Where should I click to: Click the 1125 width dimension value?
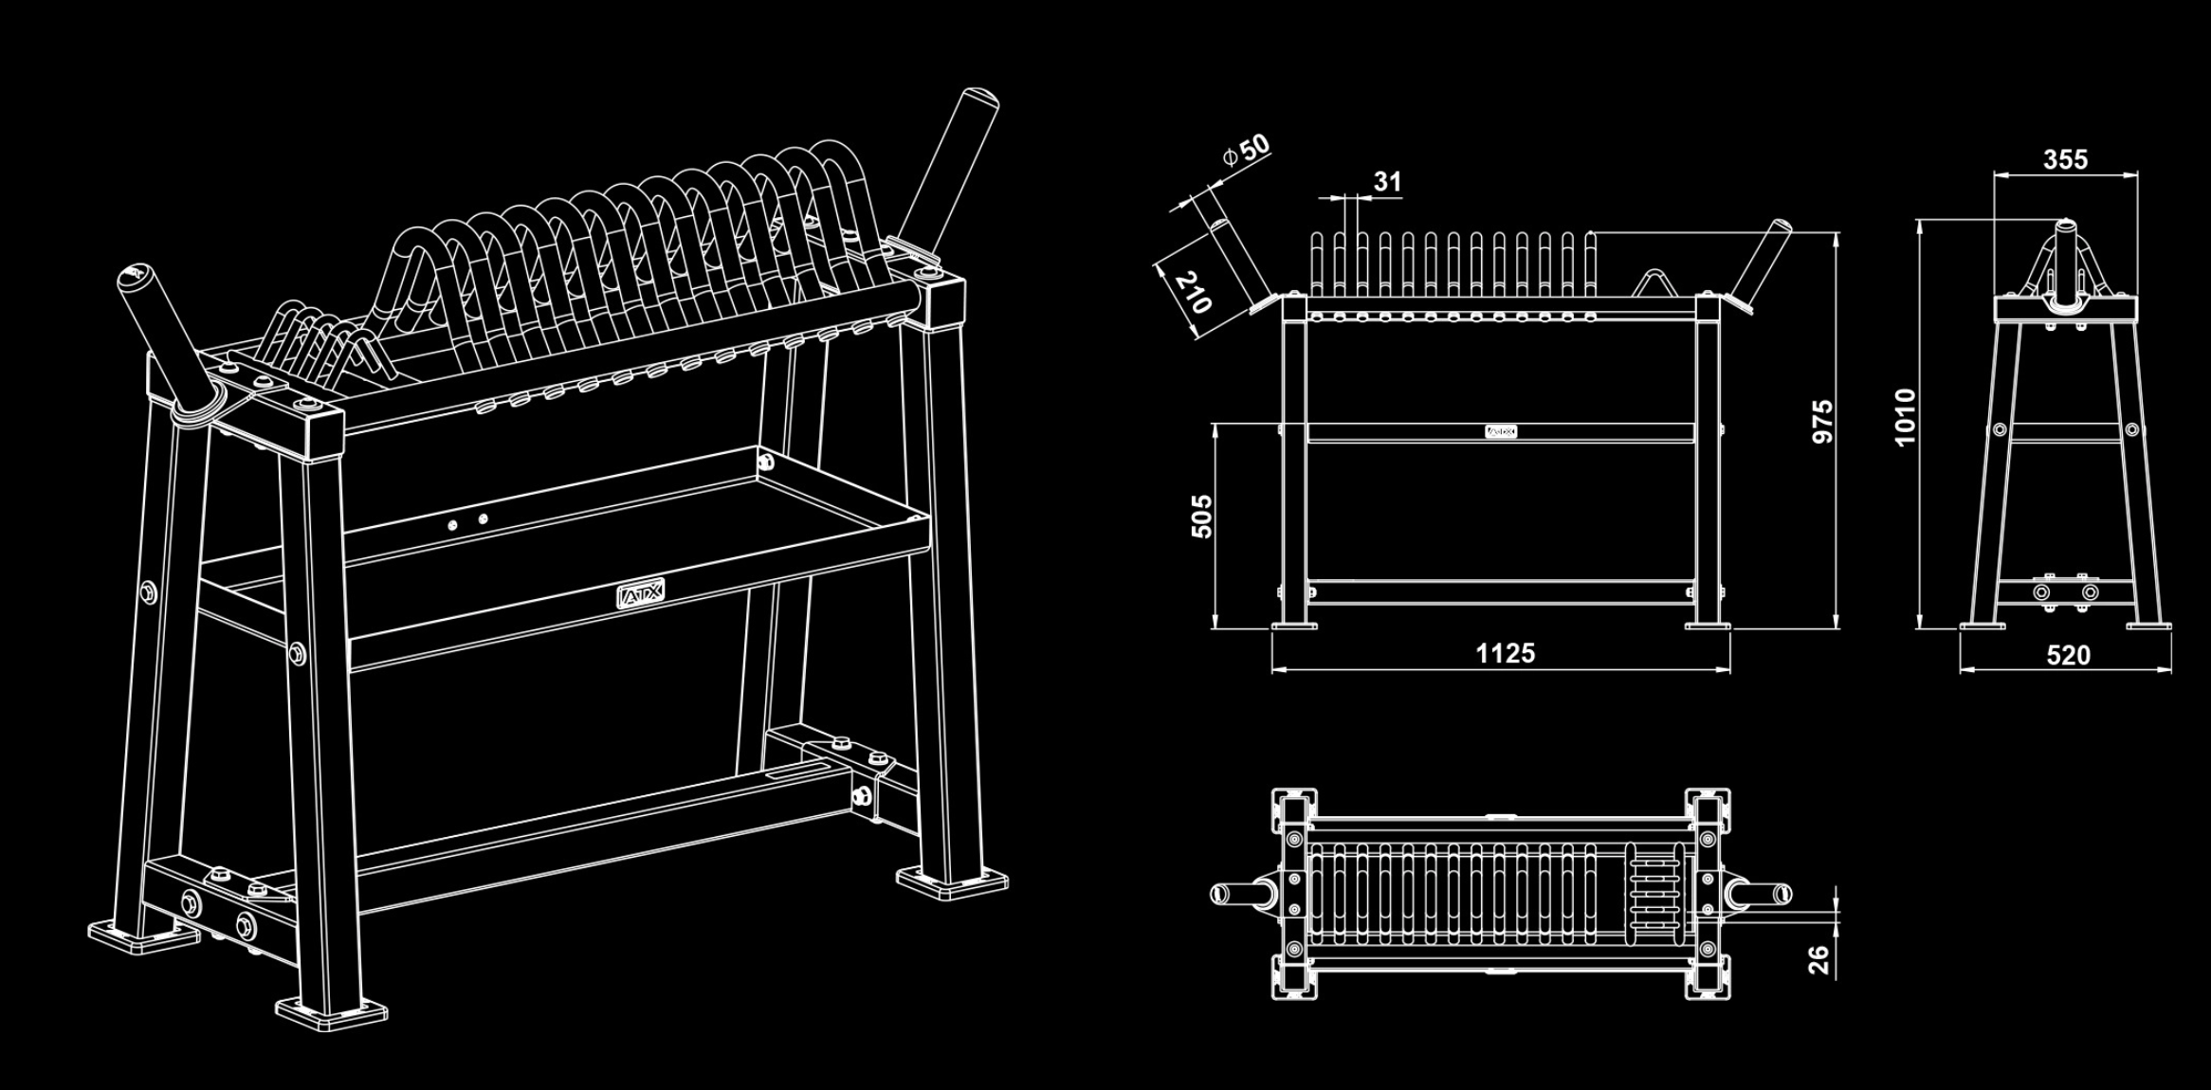click(x=1505, y=653)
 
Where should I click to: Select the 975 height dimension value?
click(x=1822, y=421)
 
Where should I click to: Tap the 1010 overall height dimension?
click(x=1905, y=416)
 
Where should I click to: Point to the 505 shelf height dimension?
click(x=1201, y=516)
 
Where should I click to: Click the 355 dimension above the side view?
click(x=2065, y=159)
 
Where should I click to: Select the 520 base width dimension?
click(x=2068, y=655)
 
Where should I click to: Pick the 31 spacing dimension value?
click(x=1387, y=181)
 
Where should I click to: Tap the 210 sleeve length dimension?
click(x=1193, y=293)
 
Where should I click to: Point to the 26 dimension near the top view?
click(x=1818, y=960)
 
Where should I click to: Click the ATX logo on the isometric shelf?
click(x=641, y=594)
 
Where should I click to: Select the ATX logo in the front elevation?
click(x=1501, y=432)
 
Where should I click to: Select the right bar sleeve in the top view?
click(x=1760, y=893)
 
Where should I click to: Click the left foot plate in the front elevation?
click(x=1294, y=625)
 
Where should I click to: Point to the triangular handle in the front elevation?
click(x=1654, y=282)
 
